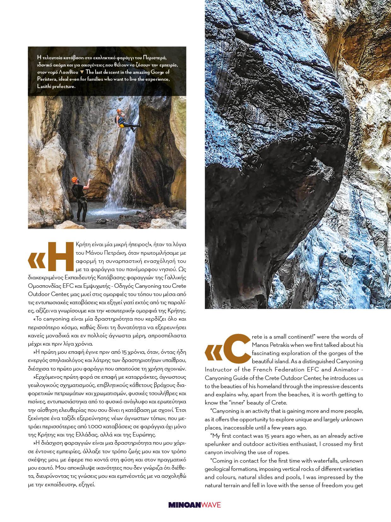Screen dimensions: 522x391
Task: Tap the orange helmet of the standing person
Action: pyautogui.click(x=75, y=180)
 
